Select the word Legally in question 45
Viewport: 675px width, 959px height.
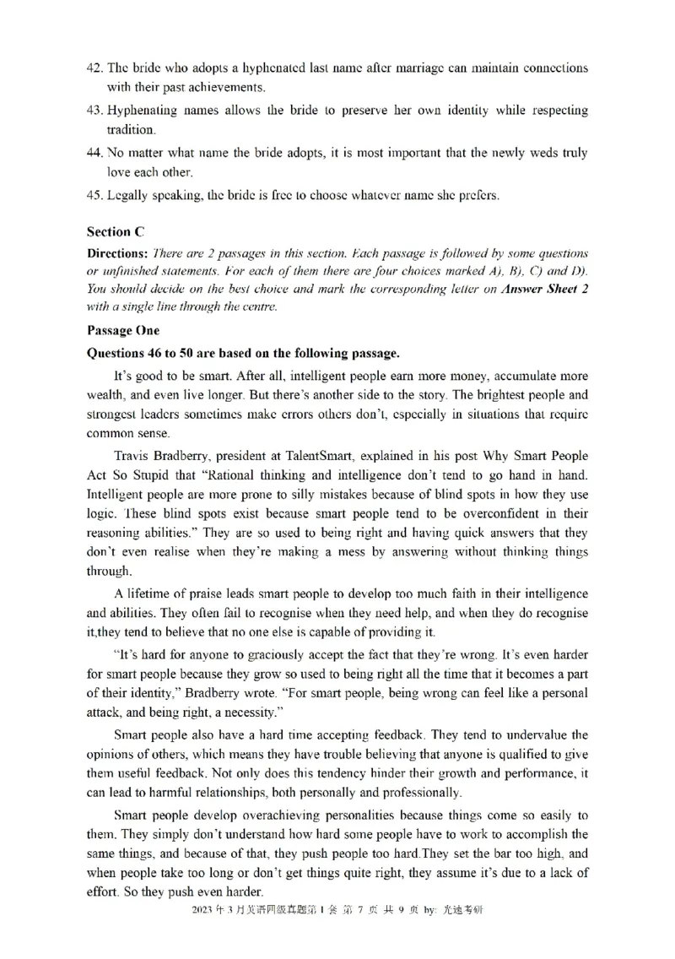[127, 196]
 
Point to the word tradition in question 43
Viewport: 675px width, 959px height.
[131, 130]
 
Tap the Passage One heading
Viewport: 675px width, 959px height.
[122, 331]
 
